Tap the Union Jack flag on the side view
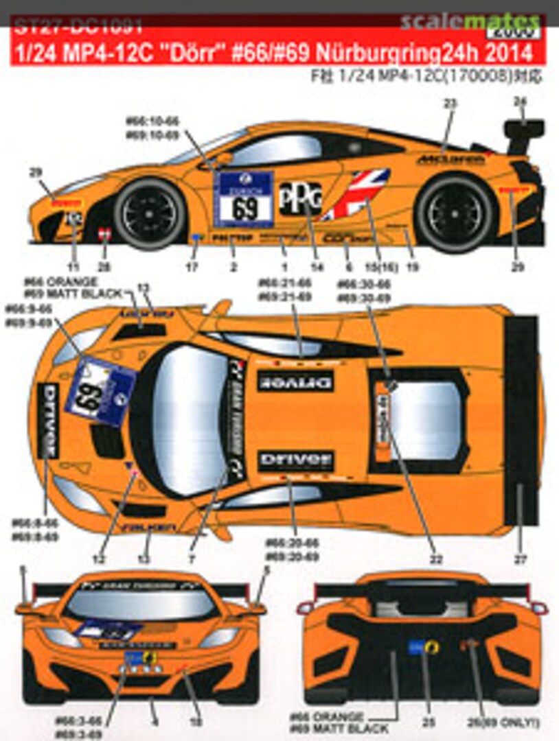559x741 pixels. click(x=356, y=193)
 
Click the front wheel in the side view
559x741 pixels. click(x=150, y=213)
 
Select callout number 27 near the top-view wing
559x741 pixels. click(x=520, y=560)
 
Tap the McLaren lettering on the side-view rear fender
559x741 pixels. click(x=450, y=159)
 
